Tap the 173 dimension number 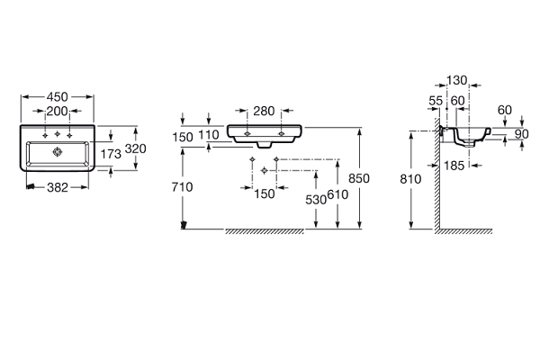coord(111,155)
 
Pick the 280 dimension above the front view coord(264,112)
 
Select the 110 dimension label coord(209,135)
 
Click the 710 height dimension coord(182,186)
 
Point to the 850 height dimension coord(359,179)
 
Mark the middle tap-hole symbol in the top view coord(58,134)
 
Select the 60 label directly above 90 coord(504,110)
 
